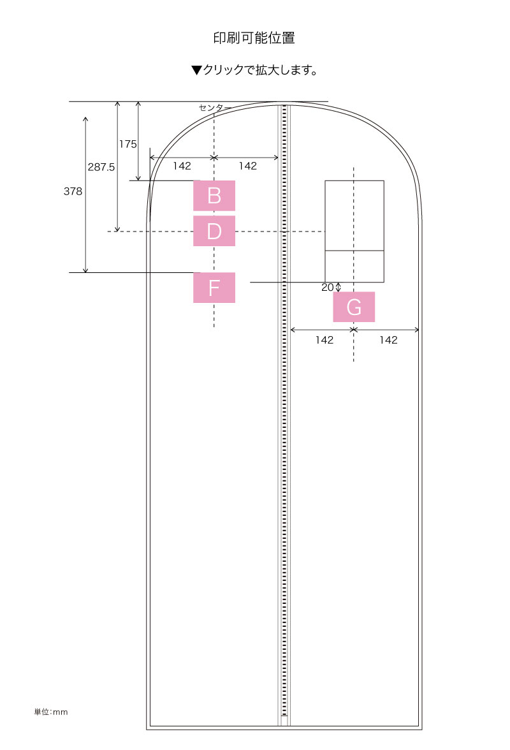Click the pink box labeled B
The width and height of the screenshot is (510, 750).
click(214, 196)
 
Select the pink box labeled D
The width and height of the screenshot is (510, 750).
click(214, 231)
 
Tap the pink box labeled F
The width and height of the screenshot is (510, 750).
click(214, 288)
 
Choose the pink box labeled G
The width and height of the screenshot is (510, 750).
click(354, 307)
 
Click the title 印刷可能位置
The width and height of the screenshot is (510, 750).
click(254, 38)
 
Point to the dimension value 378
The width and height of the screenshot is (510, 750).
click(73, 191)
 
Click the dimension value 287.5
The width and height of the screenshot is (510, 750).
click(101, 167)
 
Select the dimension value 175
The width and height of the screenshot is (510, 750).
click(127, 144)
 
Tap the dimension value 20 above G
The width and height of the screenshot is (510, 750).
click(328, 287)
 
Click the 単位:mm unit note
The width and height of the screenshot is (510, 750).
click(50, 712)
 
